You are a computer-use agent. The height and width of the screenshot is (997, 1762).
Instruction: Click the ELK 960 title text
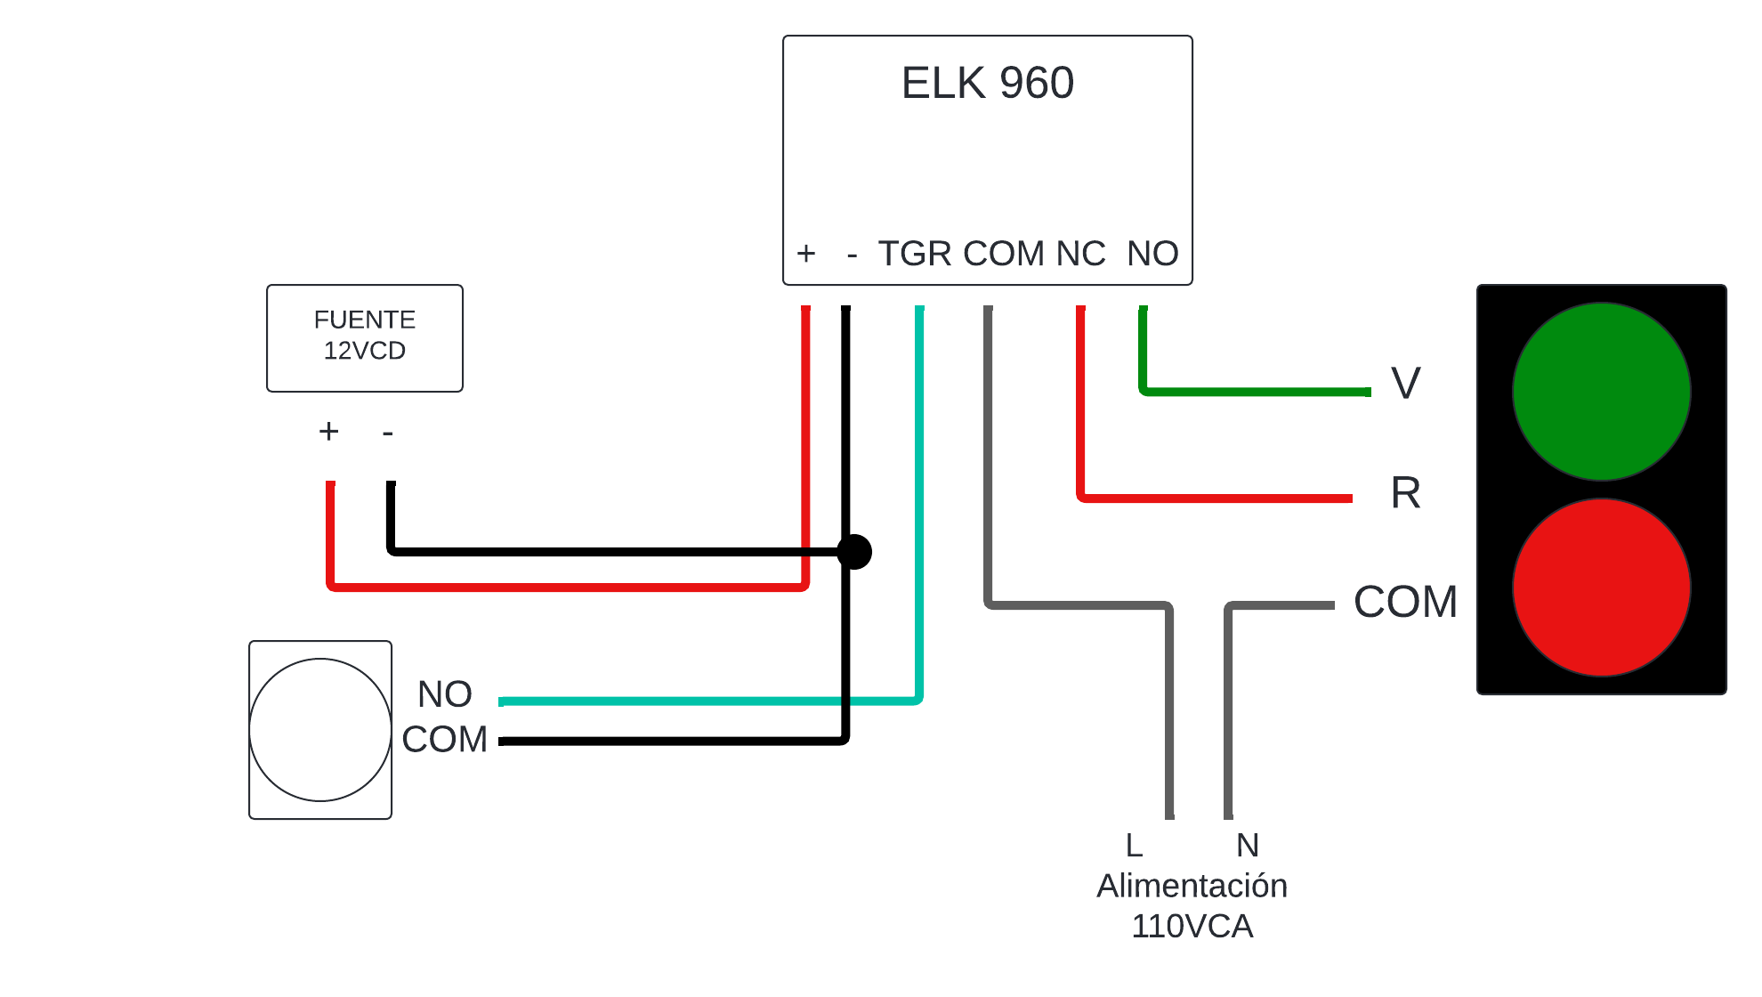tap(988, 83)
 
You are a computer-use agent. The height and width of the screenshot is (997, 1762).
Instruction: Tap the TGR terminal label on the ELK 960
tap(915, 254)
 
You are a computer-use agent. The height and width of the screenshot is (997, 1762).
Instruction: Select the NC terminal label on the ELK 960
tap(1080, 254)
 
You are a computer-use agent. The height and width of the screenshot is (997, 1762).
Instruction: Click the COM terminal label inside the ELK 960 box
tap(1004, 254)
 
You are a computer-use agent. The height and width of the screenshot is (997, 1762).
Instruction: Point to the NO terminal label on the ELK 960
tap(1152, 254)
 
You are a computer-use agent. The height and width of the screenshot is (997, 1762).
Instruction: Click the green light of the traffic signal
tap(1602, 392)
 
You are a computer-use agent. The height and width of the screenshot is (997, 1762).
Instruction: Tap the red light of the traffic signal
tap(1602, 588)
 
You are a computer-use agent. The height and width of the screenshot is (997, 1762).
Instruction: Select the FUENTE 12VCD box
tap(365, 338)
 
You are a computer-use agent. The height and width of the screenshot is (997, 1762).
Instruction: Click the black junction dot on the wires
tap(854, 552)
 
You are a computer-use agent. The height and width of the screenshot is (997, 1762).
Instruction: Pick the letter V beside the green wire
tap(1406, 384)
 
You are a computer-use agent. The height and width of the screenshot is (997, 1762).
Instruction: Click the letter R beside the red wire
tap(1406, 492)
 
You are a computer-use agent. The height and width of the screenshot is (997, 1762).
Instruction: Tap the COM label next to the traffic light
tap(1406, 602)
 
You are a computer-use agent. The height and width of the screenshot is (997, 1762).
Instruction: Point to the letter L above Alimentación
tap(1134, 845)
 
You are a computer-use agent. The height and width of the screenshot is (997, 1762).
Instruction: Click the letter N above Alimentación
tap(1248, 845)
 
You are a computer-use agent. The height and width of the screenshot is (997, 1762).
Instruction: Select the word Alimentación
tap(1192, 886)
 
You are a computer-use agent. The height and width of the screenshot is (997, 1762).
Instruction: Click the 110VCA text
tap(1192, 927)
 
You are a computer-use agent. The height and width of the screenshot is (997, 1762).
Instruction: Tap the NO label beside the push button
tap(445, 694)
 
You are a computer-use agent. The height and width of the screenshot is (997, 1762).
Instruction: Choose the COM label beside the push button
tap(445, 739)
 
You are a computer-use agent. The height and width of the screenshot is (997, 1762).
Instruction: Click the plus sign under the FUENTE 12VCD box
tap(329, 431)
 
